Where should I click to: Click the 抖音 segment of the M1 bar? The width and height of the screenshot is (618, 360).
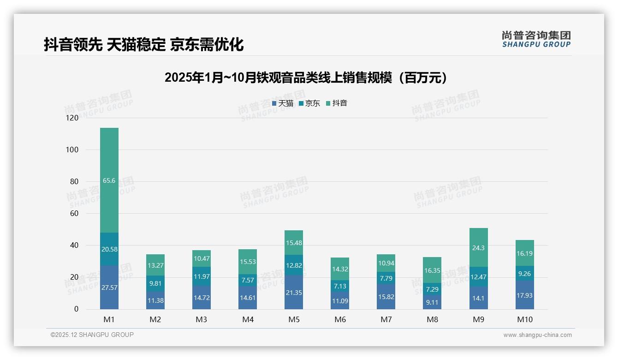pyautogui.click(x=109, y=180)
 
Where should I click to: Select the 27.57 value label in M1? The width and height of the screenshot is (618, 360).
pyautogui.click(x=109, y=287)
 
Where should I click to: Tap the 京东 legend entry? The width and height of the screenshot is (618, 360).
pyautogui.click(x=309, y=103)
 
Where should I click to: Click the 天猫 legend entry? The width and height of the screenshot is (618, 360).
pyautogui.click(x=283, y=103)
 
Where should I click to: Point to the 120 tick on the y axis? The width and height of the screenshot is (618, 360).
pyautogui.click(x=72, y=118)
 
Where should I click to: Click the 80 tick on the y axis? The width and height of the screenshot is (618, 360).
pyautogui.click(x=74, y=182)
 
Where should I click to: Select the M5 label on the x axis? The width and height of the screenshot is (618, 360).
pyautogui.click(x=294, y=319)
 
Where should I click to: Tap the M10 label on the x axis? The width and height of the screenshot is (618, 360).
pyautogui.click(x=525, y=319)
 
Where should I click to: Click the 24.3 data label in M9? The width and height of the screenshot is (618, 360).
pyautogui.click(x=478, y=248)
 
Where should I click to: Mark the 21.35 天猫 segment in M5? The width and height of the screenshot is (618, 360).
pyautogui.click(x=294, y=292)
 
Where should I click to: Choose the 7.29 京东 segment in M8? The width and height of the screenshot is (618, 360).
pyautogui.click(x=432, y=289)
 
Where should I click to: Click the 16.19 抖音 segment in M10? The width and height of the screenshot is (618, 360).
pyautogui.click(x=525, y=253)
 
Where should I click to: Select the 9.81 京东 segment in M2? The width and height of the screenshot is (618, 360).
pyautogui.click(x=155, y=283)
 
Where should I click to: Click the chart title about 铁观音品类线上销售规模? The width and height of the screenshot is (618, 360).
pyautogui.click(x=306, y=78)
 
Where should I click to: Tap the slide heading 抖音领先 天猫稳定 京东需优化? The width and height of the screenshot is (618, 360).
pyautogui.click(x=143, y=44)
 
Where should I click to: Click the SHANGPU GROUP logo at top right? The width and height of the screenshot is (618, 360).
pyautogui.click(x=536, y=39)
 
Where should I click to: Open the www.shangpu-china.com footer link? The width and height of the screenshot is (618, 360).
pyautogui.click(x=537, y=335)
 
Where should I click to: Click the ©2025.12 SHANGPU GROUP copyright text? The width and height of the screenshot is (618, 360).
pyautogui.click(x=92, y=335)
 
